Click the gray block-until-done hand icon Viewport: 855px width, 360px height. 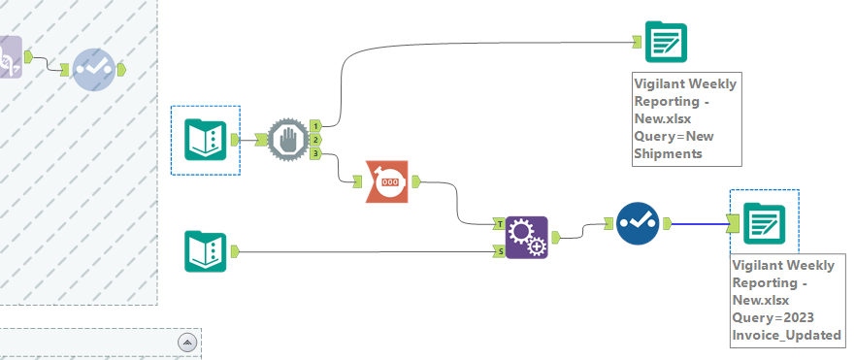[286, 140]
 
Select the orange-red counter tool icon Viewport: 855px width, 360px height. [387, 180]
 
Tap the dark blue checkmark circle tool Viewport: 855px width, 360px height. [637, 224]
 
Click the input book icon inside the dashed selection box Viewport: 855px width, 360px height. [206, 141]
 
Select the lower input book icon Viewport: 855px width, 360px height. [206, 251]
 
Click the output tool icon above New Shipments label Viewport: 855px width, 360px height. [666, 43]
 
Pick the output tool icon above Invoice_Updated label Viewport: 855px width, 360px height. [764, 224]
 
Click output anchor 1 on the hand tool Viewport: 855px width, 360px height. [316, 125]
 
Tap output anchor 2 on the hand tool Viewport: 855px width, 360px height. [316, 140]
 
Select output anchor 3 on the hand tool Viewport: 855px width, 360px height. [316, 153]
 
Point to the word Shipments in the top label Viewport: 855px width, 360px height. [669, 153]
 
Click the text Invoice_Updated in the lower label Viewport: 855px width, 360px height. [786, 335]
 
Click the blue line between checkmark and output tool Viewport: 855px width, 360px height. [699, 224]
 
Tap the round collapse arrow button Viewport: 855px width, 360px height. [188, 342]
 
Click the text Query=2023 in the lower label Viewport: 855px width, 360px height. [773, 317]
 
